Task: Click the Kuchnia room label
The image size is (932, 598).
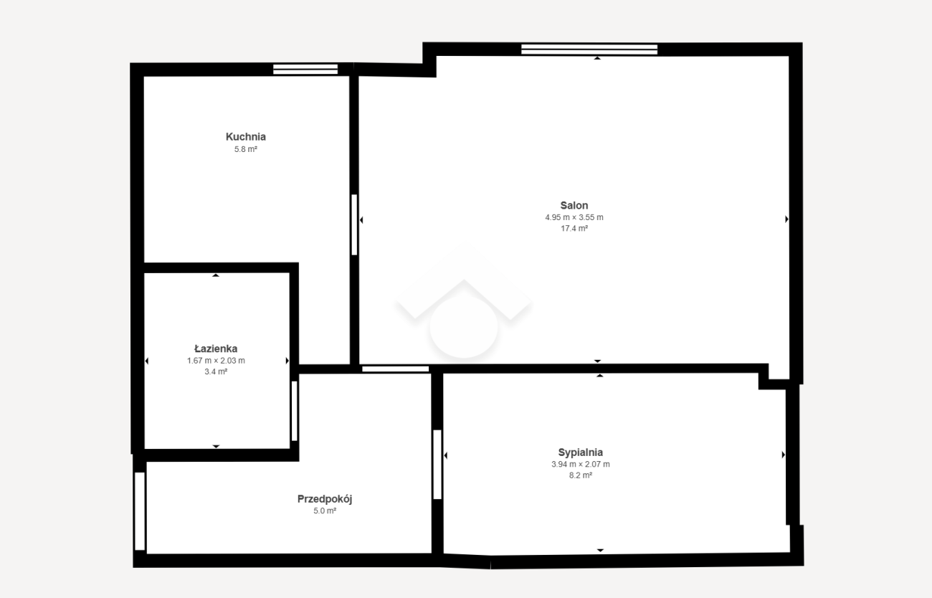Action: pos(245,136)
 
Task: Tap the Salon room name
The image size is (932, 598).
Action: pos(574,205)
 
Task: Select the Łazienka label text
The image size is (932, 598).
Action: pos(216,348)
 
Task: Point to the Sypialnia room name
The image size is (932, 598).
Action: pos(581,452)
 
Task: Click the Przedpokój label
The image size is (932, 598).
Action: pos(325,499)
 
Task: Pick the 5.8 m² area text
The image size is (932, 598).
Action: pos(245,149)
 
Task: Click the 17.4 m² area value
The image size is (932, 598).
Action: pos(574,228)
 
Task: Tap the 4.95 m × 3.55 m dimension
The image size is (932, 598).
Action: pos(574,217)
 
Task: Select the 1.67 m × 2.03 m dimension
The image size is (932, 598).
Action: pos(216,361)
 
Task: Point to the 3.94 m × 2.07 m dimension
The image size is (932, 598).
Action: pos(581,464)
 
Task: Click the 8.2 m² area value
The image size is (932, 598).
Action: pos(581,475)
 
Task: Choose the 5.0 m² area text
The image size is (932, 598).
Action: pos(325,511)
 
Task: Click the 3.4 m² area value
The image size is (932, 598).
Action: pos(216,371)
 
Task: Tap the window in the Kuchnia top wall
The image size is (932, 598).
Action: pos(305,69)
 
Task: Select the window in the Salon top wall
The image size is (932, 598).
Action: pos(589,49)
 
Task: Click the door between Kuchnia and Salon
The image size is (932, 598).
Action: pos(354,224)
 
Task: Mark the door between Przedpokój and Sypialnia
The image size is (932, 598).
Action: pos(437,465)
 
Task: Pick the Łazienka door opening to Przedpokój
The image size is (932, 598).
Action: pos(294,411)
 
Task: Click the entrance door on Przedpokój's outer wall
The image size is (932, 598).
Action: pos(140,511)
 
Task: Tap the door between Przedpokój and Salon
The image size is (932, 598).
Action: pos(395,369)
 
